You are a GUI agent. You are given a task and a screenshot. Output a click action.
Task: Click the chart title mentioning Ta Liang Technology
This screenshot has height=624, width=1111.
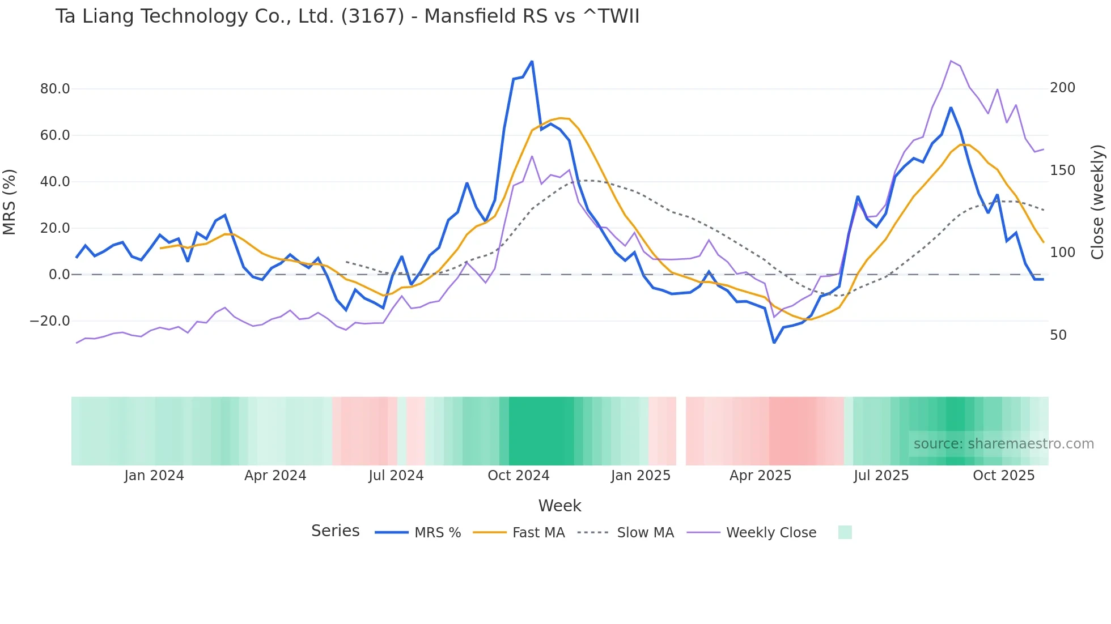click(347, 16)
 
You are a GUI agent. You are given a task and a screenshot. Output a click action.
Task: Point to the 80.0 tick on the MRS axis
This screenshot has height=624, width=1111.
click(55, 89)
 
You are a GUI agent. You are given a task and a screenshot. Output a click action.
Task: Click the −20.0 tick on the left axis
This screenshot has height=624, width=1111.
click(50, 321)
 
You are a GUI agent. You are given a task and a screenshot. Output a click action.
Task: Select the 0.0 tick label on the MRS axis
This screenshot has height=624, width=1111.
click(59, 275)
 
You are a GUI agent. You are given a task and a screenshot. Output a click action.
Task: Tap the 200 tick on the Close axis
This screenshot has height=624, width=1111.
click(1062, 88)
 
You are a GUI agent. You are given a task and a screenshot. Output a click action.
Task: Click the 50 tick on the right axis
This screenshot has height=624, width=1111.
click(1058, 335)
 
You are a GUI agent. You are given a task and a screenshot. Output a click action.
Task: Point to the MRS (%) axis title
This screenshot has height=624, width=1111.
click(10, 202)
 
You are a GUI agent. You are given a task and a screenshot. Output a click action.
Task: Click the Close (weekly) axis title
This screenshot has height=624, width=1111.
click(1097, 202)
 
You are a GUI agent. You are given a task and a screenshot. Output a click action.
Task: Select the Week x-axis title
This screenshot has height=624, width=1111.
click(559, 506)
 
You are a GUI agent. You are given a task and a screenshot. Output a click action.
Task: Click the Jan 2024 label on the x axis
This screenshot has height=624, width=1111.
click(154, 476)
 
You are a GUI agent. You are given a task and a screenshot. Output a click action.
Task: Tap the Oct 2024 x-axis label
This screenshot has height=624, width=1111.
click(518, 476)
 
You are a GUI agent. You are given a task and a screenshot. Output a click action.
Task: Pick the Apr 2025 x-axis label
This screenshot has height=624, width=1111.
click(760, 476)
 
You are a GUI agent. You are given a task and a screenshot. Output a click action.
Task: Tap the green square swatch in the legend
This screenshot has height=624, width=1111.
click(845, 532)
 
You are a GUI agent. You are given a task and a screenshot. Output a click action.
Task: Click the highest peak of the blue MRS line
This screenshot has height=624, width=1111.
click(532, 61)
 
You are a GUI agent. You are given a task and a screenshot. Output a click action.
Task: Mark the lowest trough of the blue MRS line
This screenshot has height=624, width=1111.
click(774, 343)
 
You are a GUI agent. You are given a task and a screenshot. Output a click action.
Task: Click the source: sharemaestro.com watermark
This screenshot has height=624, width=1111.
click(1003, 444)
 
